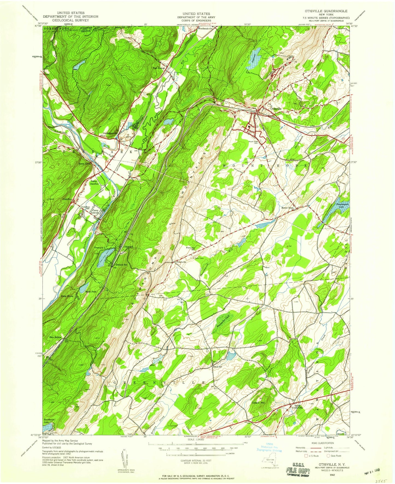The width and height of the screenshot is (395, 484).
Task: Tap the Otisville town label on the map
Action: click(276, 108)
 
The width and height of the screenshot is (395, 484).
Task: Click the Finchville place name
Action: click(181, 262)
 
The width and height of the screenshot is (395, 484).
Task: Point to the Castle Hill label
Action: click(259, 403)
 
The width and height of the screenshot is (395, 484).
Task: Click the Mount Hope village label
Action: click(288, 208)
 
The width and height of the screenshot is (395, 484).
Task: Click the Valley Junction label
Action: click(95, 182)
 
